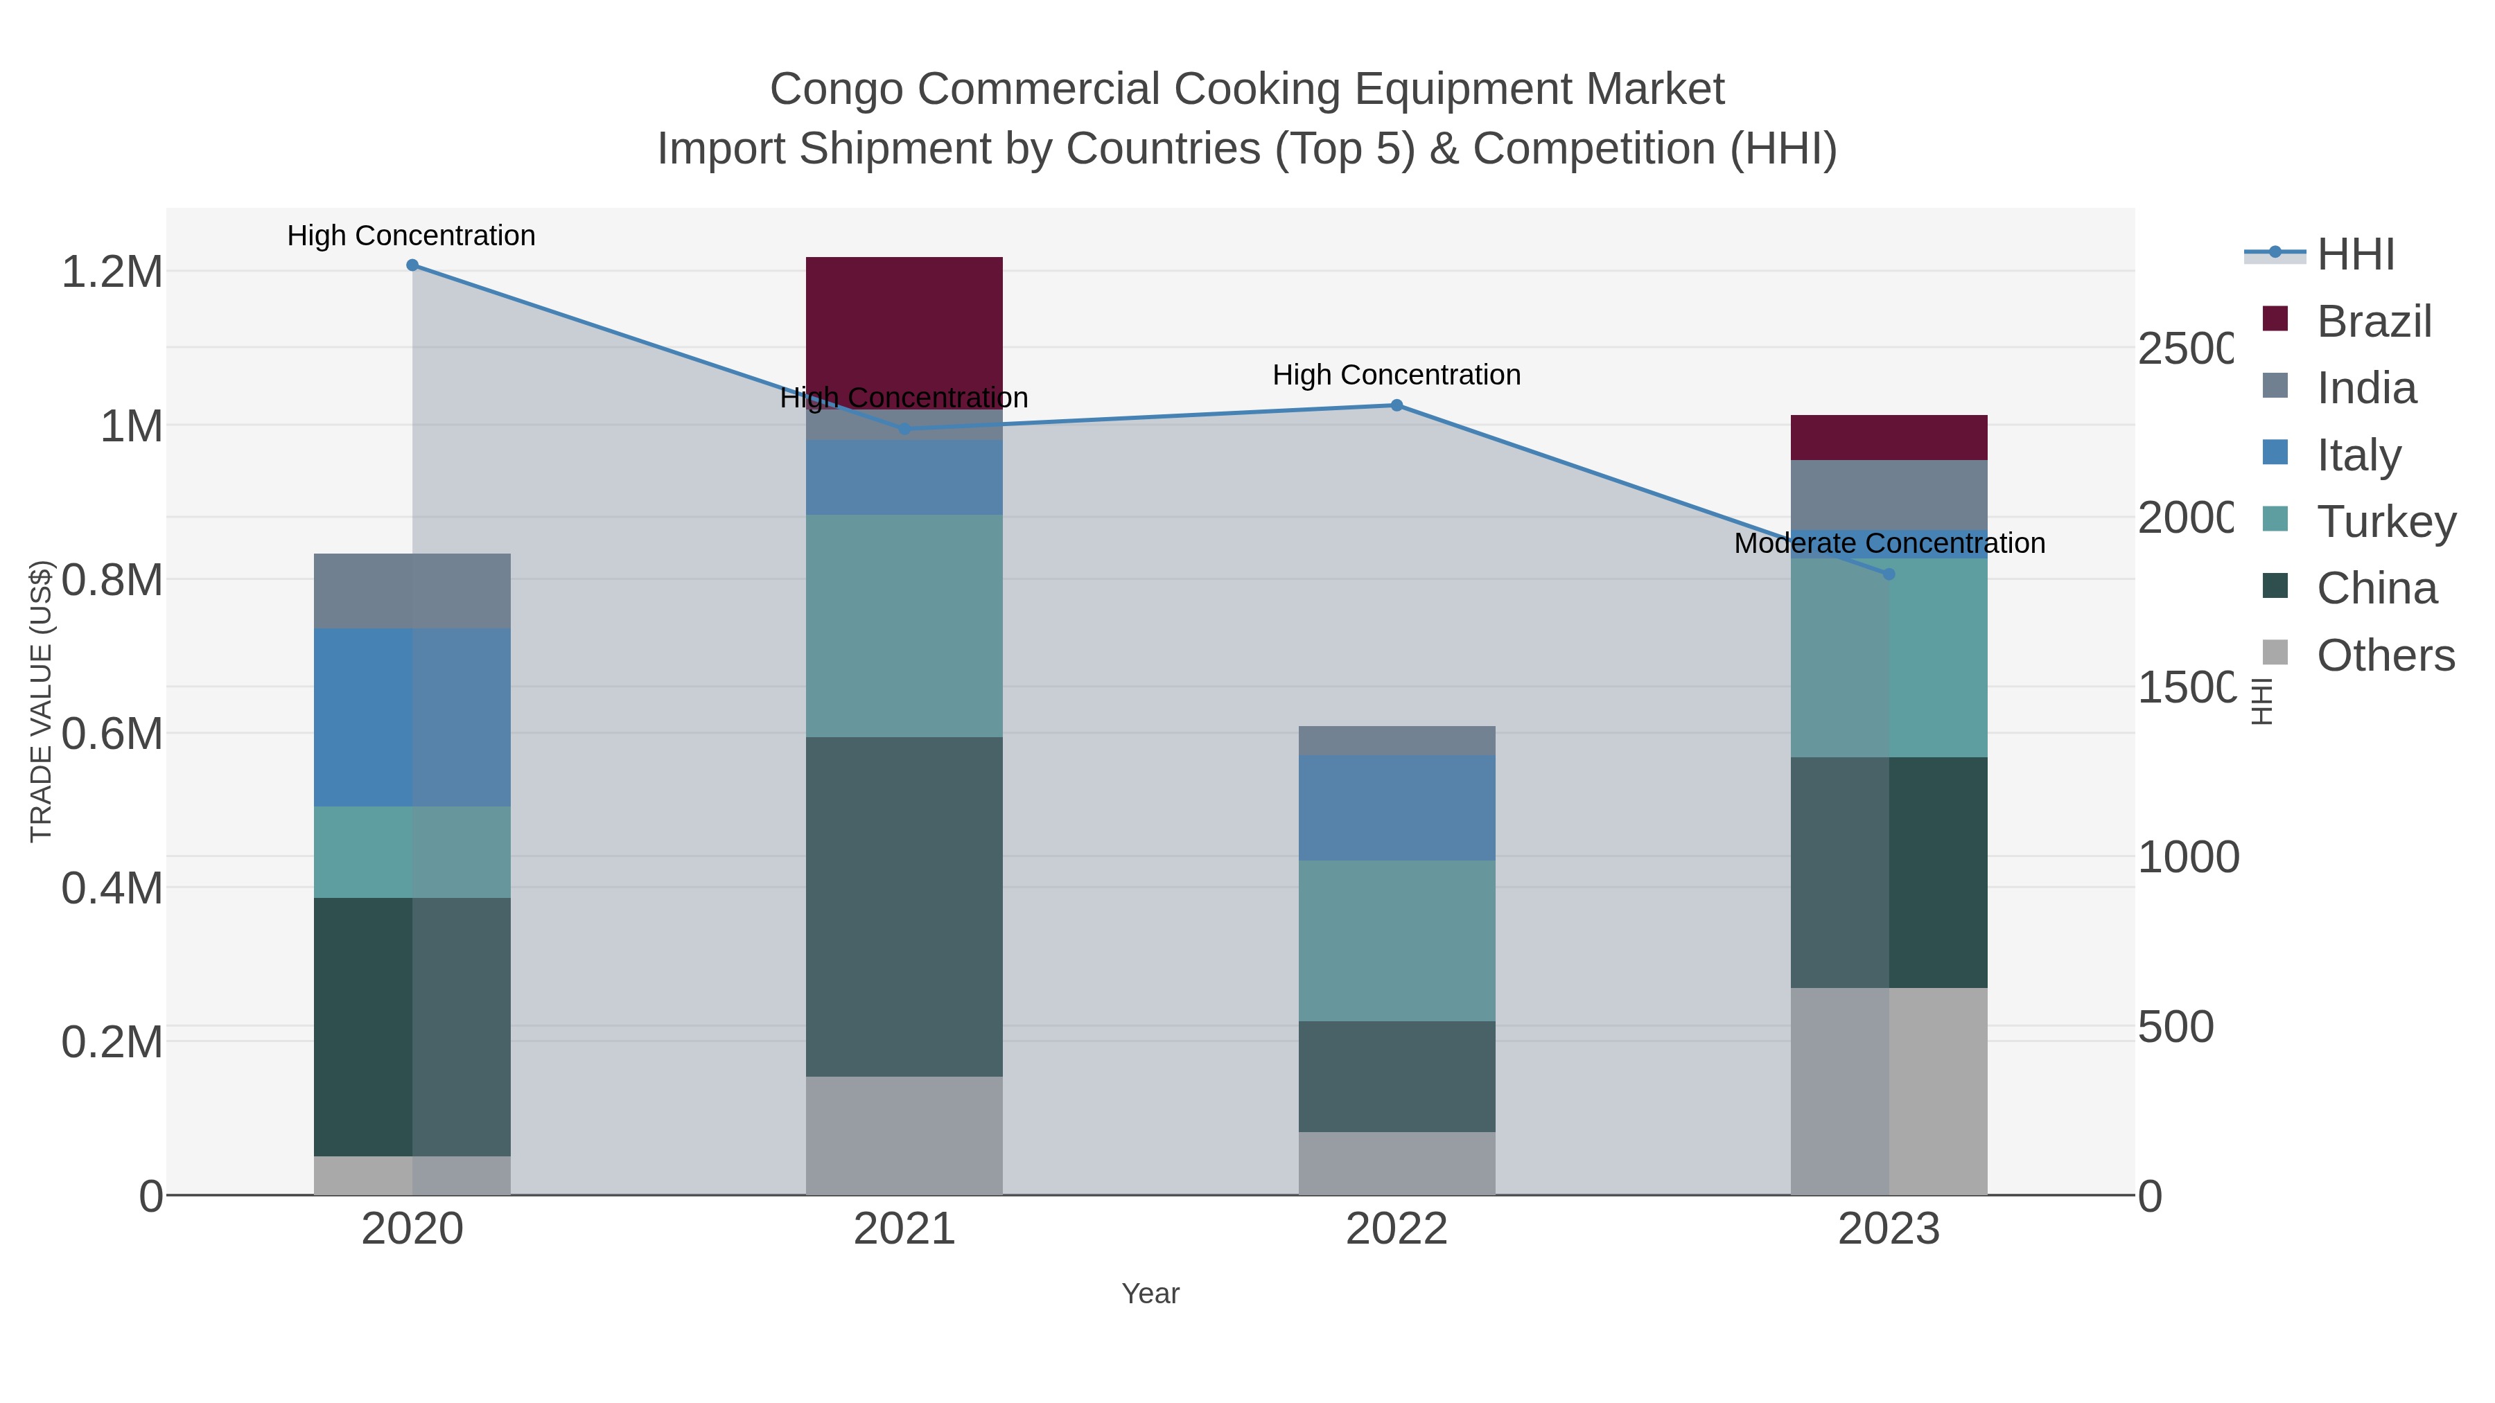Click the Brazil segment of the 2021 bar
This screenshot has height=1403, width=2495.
[x=904, y=329]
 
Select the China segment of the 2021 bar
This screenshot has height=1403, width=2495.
[x=904, y=906]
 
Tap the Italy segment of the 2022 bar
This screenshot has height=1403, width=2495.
[x=1396, y=808]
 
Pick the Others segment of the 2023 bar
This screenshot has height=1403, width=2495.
[x=1889, y=1091]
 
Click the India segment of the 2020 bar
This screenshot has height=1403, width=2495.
[x=412, y=590]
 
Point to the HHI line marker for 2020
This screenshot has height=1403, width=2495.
[x=412, y=265]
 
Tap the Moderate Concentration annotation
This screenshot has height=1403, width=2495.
[x=1889, y=543]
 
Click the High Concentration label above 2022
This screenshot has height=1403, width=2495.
[x=1396, y=375]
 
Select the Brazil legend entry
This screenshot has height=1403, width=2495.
[x=2373, y=321]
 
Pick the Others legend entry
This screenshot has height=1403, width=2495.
[x=2385, y=655]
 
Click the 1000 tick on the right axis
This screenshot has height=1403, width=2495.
[x=2187, y=857]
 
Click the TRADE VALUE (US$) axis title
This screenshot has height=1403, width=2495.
[x=41, y=701]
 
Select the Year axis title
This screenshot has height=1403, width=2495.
[x=1150, y=1294]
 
